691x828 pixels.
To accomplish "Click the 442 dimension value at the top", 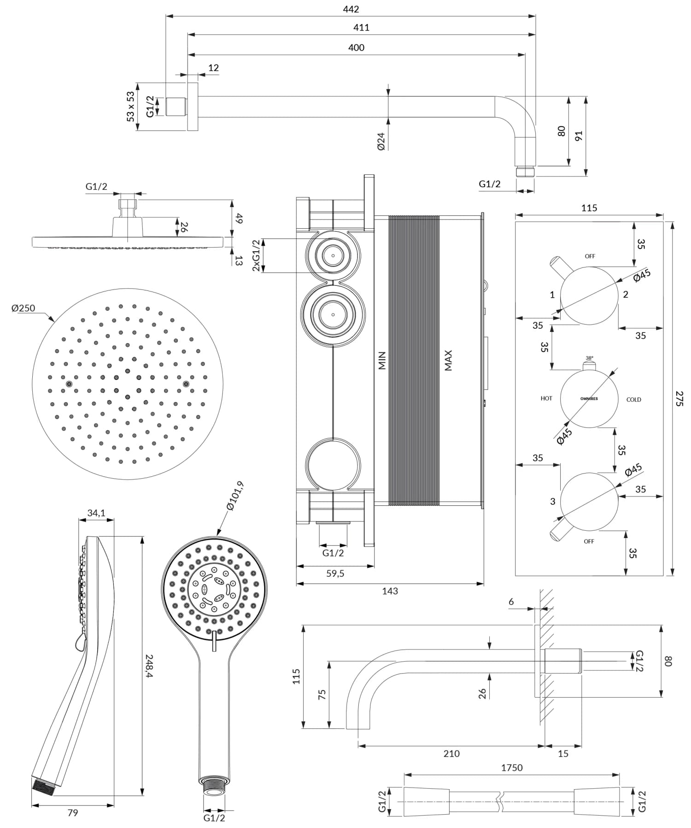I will click(351, 9).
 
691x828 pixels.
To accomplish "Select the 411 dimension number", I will click(361, 27).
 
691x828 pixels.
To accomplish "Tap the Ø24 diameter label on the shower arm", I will click(381, 141).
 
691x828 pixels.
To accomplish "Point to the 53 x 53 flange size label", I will click(130, 106).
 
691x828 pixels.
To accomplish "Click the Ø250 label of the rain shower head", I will click(23, 308).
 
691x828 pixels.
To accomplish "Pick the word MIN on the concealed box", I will click(382, 360).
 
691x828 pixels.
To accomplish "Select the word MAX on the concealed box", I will click(448, 360).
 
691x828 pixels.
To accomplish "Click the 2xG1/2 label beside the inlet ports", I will click(256, 255).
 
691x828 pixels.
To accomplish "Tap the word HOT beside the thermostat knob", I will click(546, 398).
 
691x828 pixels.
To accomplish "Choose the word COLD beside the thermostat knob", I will click(633, 400).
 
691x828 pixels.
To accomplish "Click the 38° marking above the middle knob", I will click(589, 358).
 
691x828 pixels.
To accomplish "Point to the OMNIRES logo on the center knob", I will click(589, 398).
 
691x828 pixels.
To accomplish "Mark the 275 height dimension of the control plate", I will click(679, 398).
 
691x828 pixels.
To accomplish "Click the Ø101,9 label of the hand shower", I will click(235, 496).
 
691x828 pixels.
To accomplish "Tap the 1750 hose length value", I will click(512, 768).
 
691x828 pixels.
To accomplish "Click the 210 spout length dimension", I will click(451, 753).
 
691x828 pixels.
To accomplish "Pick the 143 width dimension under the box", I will click(390, 591).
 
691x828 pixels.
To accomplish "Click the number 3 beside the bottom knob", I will click(553, 501).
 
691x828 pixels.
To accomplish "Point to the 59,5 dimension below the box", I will click(335, 574).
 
